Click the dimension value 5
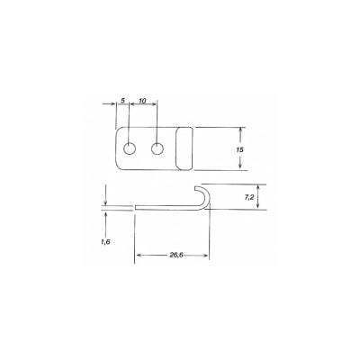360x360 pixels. [x=122, y=100]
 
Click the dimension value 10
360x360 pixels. [x=145, y=100]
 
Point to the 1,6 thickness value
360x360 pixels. [x=108, y=242]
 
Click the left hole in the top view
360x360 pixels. [x=130, y=148]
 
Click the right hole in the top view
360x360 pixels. [x=158, y=148]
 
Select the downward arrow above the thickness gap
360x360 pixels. [x=106, y=200]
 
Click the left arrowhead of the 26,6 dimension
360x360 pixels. [x=139, y=256]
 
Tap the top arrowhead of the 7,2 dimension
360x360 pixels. [x=260, y=185]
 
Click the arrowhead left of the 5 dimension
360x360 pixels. [x=115, y=107]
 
